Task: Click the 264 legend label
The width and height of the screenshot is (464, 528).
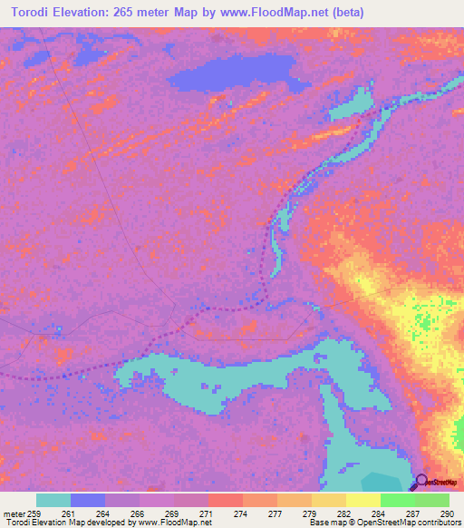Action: tap(105, 515)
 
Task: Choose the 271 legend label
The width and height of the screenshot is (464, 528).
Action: tap(208, 515)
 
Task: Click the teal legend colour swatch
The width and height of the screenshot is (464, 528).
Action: tap(53, 501)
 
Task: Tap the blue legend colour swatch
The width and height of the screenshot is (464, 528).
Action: tap(88, 501)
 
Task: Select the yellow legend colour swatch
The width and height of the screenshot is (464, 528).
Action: tap(362, 501)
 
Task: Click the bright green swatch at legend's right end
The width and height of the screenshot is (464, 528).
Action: tap(432, 501)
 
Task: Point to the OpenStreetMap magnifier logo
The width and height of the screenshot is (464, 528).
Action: tap(421, 482)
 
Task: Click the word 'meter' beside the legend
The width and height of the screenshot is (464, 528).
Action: tap(13, 515)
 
